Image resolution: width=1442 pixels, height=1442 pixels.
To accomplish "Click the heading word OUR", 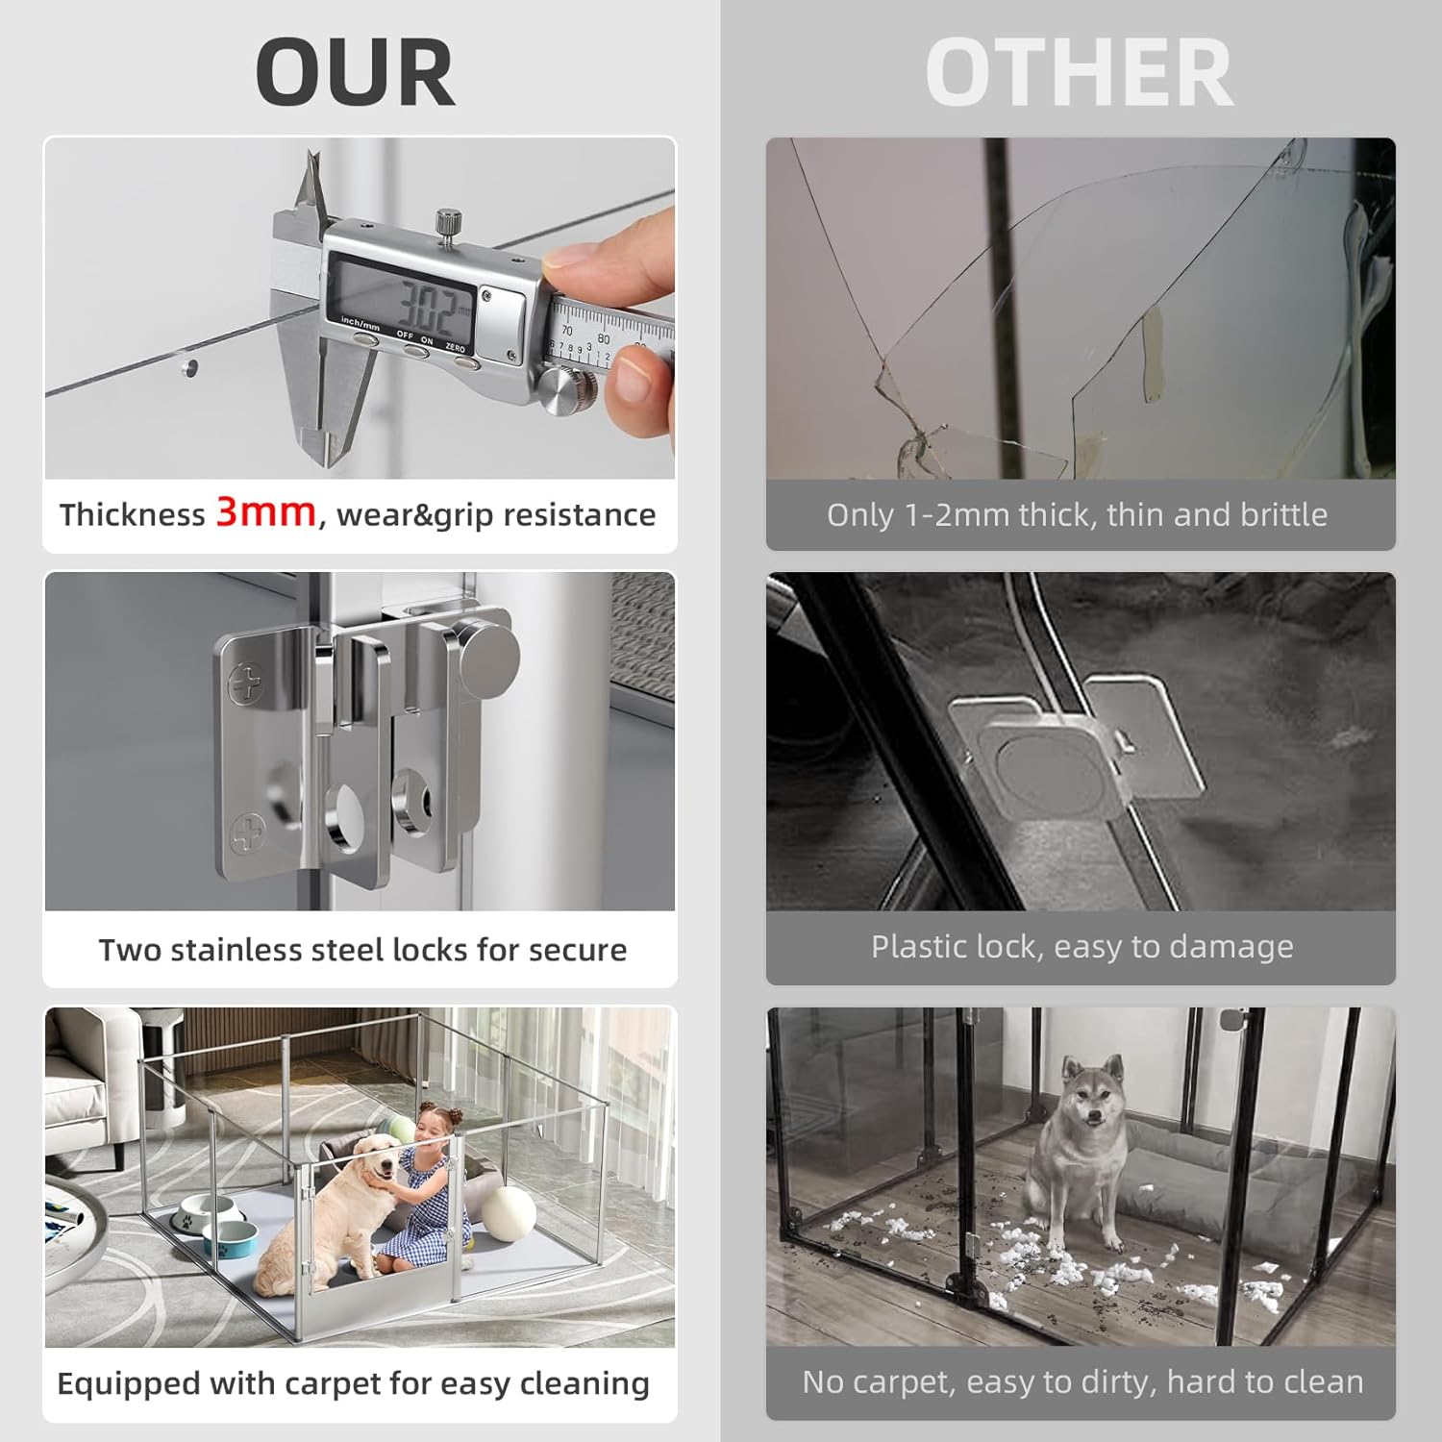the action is pos(355,73).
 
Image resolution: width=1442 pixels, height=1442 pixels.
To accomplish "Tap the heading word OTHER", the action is pos(1079,73).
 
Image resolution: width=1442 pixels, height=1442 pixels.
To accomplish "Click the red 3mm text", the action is pos(266,511).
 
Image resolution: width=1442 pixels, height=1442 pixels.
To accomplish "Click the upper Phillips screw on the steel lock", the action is pos(245,684).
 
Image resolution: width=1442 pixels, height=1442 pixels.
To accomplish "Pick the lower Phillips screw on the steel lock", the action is pos(247,833).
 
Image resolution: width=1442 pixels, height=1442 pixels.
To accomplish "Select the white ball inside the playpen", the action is pos(509,1213).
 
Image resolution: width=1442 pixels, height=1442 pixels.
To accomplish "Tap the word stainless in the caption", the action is pos(230,949).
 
